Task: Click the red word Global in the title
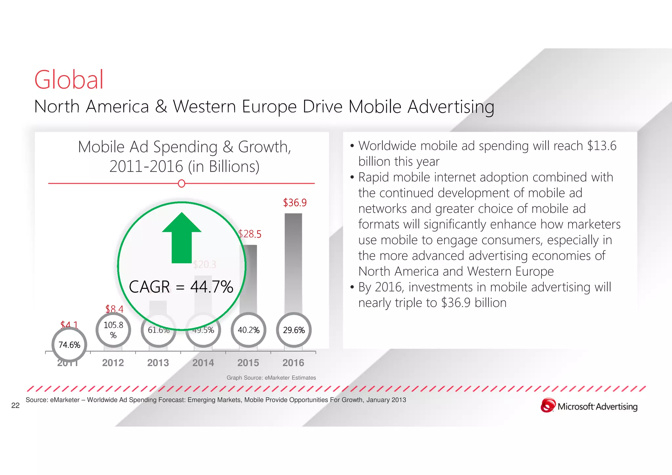[x=69, y=80]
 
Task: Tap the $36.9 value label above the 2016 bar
[x=295, y=203]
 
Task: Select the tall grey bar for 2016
[x=293, y=263]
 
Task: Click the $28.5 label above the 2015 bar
[x=250, y=234]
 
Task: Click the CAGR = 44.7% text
[x=181, y=287]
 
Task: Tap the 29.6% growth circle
[x=294, y=330]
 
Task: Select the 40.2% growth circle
[x=248, y=330]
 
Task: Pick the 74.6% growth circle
[x=69, y=345]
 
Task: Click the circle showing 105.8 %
[x=113, y=330]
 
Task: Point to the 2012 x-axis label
[x=113, y=363]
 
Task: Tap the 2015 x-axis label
[x=248, y=363]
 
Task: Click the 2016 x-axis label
[x=293, y=363]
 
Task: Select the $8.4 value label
[x=114, y=309]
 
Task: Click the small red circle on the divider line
[x=181, y=184]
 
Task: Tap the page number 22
[x=15, y=405]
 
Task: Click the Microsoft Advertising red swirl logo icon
[x=548, y=405]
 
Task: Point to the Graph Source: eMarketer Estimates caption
[x=271, y=378]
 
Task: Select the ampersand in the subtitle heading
[x=161, y=107]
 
